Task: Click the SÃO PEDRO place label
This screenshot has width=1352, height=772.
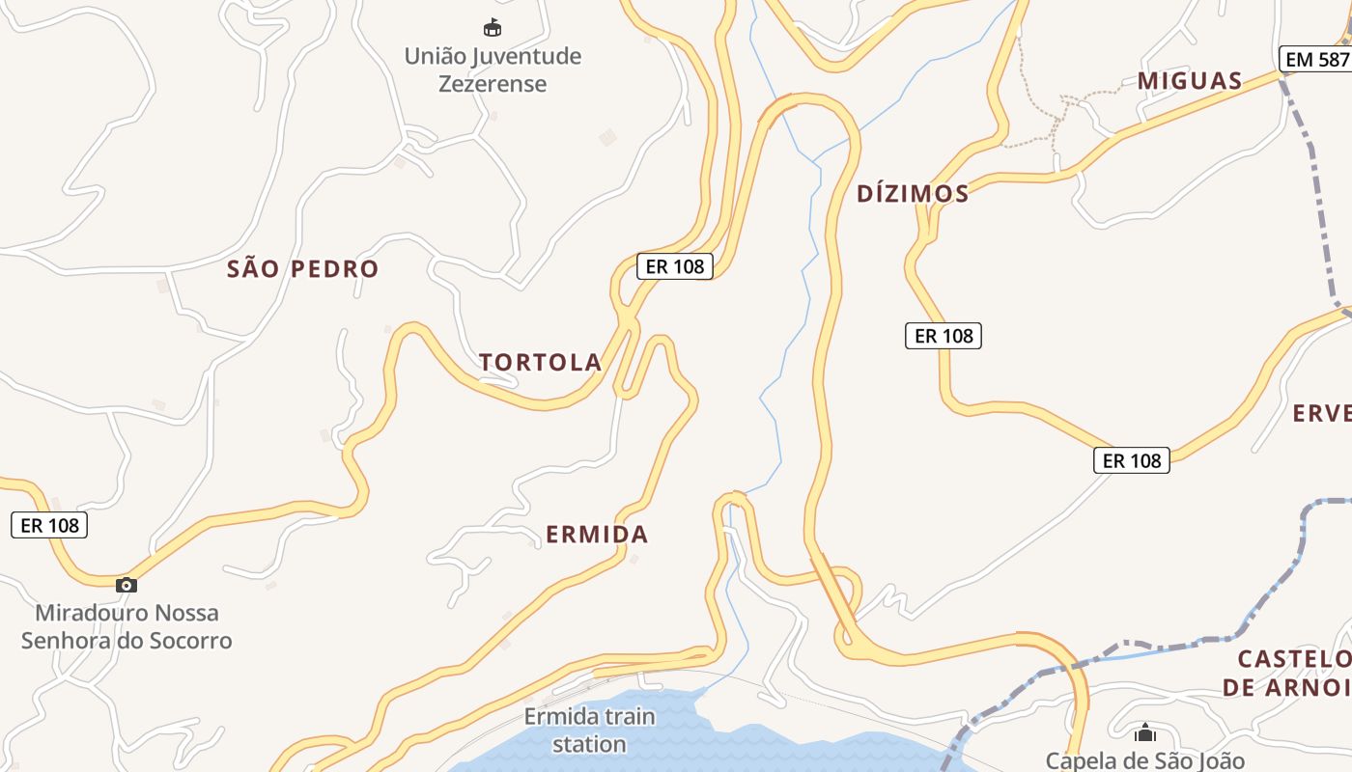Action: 302,269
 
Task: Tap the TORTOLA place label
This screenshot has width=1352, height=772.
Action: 541,363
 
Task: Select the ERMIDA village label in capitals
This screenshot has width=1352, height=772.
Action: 597,535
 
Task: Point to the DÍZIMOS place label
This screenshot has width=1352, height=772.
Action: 913,194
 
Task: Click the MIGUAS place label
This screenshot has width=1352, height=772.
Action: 1190,81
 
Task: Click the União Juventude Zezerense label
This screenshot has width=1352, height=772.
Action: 493,69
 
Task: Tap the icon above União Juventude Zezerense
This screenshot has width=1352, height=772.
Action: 493,27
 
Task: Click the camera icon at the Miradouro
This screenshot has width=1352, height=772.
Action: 127,585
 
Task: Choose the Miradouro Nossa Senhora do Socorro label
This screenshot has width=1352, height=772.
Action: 127,626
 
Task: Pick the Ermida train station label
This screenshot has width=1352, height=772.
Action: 589,731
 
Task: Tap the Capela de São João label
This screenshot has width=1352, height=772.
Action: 1145,760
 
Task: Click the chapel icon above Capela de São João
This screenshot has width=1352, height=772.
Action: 1145,734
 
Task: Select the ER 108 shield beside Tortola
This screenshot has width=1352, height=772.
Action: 675,266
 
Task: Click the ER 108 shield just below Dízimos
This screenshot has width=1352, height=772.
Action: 944,336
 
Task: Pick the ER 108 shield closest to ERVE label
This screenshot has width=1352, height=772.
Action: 1132,460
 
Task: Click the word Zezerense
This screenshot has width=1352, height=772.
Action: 493,84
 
